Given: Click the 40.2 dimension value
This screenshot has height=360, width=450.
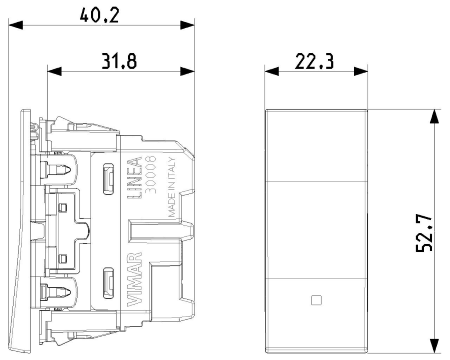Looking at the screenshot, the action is click(x=99, y=15).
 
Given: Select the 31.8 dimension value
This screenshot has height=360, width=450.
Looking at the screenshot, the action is click(x=119, y=61).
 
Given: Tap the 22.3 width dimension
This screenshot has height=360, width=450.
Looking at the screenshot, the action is click(x=314, y=62).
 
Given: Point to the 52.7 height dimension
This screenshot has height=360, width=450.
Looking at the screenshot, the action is click(x=424, y=233).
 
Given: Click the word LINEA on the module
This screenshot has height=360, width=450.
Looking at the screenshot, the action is click(x=135, y=178).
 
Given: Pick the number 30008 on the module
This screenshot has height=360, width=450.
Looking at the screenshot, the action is click(x=151, y=174).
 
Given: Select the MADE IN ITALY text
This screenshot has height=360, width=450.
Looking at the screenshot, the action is click(x=171, y=187).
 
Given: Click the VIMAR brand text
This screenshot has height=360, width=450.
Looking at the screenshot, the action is click(x=135, y=279).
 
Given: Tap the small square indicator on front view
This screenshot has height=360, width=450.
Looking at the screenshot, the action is click(x=316, y=300).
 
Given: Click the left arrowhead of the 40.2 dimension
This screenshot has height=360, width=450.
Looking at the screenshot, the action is click(x=16, y=25).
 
